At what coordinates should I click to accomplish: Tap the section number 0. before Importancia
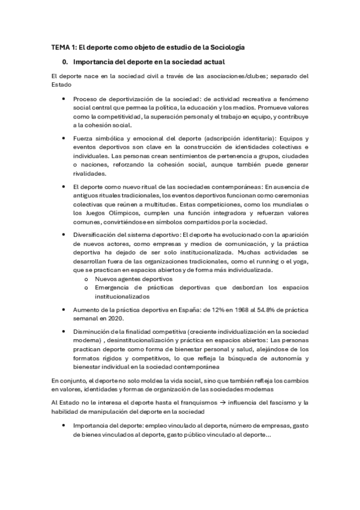click(x=66, y=61)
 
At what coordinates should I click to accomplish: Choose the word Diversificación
click(x=97, y=234)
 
